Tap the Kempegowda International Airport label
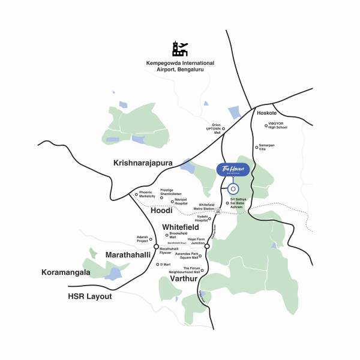tap(180, 66)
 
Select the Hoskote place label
tap(266, 113)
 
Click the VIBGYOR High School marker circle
tap(266, 126)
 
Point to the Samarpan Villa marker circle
tap(257, 147)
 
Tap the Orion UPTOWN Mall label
tap(214, 128)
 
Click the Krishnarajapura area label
tap(143, 163)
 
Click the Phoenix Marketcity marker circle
tap(136, 194)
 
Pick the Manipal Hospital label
tap(181, 202)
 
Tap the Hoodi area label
tap(161, 211)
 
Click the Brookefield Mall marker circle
tap(167, 235)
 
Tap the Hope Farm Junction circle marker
tap(207, 246)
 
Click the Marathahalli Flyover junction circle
tap(156, 247)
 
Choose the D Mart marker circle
tap(158, 264)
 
